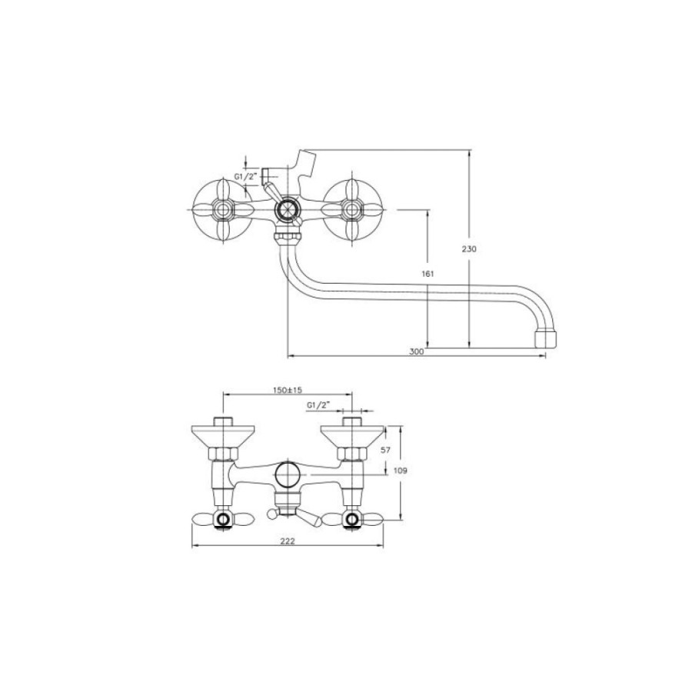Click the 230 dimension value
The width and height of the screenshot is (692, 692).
(x=469, y=249)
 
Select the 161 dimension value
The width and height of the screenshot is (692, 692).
(x=428, y=274)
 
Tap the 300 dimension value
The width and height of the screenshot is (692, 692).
(x=416, y=351)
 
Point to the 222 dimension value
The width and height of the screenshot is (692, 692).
(x=288, y=541)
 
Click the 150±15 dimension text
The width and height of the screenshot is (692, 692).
(x=288, y=390)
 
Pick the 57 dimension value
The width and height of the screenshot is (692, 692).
(x=385, y=450)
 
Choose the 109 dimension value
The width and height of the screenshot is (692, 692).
(x=400, y=471)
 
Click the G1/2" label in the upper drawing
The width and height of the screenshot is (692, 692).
(x=245, y=177)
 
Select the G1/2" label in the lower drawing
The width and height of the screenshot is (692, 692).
(x=318, y=405)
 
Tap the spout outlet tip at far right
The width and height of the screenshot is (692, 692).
(x=546, y=338)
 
